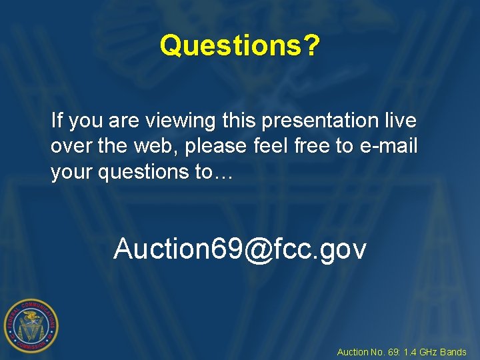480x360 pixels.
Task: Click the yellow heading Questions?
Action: [x=240, y=46]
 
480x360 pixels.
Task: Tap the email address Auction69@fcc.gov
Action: [x=240, y=249]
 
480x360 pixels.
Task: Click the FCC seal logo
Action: [x=31, y=325]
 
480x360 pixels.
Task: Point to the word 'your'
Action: [x=72, y=172]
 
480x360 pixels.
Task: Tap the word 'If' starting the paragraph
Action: [x=57, y=121]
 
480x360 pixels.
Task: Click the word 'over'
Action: [x=70, y=147]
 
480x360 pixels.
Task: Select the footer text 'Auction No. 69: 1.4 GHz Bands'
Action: [x=401, y=352]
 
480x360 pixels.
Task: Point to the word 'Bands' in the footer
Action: [x=454, y=352]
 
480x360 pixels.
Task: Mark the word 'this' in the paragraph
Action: [x=239, y=121]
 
